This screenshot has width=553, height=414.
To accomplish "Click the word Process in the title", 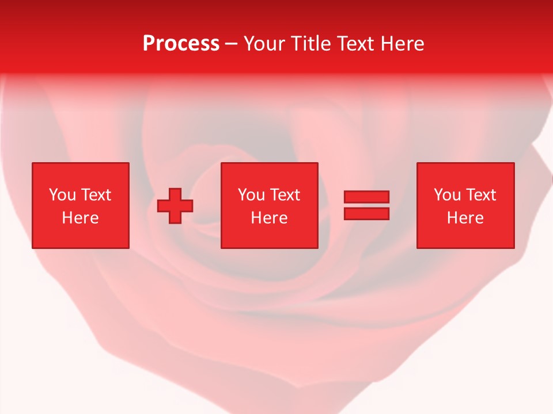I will [x=181, y=44].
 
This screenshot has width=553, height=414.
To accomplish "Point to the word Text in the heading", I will [x=355, y=44].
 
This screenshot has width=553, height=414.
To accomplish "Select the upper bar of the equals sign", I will [x=366, y=197].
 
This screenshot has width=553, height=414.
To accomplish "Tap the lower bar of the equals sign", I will [x=366, y=213].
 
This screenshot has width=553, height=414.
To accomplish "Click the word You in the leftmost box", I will [x=62, y=195].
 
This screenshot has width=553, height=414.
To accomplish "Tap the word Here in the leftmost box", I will [x=80, y=218].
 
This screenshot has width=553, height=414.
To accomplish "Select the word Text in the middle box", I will [x=285, y=195].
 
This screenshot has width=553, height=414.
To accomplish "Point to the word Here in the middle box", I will [x=269, y=218].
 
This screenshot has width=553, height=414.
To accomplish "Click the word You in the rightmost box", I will [x=447, y=195].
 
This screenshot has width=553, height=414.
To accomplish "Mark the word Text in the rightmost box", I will [x=481, y=195].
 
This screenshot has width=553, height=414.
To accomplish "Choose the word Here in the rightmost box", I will [x=465, y=218].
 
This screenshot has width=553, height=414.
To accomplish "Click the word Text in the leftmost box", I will [x=96, y=195].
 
